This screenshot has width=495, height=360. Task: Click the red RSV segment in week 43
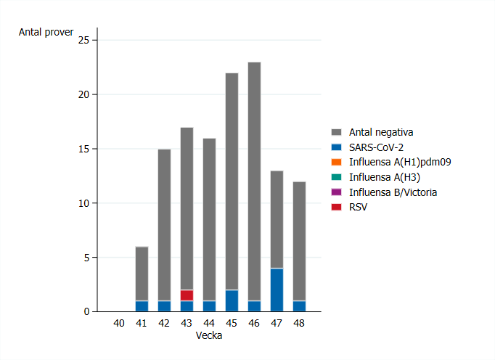pyautogui.click(x=187, y=295)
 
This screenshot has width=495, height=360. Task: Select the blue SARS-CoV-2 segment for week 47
pyautogui.click(x=277, y=290)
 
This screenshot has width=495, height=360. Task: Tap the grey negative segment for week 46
pyautogui.click(x=254, y=181)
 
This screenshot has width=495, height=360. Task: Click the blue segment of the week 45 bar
pyautogui.click(x=232, y=300)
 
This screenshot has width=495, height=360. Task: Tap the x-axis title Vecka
pyautogui.click(x=209, y=336)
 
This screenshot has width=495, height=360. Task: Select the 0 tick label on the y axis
pyautogui.click(x=86, y=312)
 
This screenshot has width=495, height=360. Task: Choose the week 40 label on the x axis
pyautogui.click(x=119, y=324)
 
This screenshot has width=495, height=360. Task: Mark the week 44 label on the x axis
pyautogui.click(x=209, y=324)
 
